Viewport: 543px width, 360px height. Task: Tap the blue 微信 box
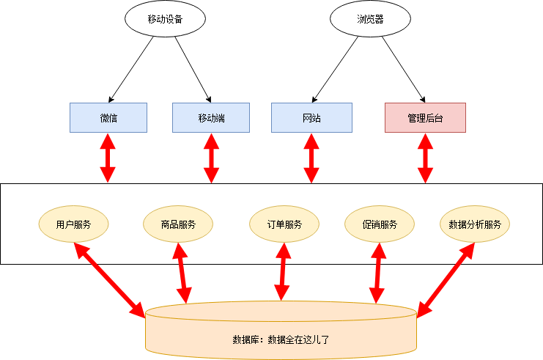pyautogui.click(x=108, y=117)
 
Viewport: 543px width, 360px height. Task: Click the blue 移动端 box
pyautogui.click(x=211, y=117)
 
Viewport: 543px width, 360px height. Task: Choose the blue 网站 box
pyautogui.click(x=311, y=117)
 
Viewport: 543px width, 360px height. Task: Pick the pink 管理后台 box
pyautogui.click(x=425, y=117)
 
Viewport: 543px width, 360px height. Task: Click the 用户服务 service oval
pyautogui.click(x=73, y=224)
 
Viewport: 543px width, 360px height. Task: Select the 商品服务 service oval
pyautogui.click(x=178, y=224)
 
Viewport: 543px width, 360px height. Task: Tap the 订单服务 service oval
pyautogui.click(x=284, y=224)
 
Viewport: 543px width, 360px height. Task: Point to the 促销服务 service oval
pyautogui.click(x=380, y=224)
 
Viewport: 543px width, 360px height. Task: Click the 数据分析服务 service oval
pyautogui.click(x=474, y=224)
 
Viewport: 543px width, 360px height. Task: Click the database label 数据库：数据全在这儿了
pyautogui.click(x=281, y=339)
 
